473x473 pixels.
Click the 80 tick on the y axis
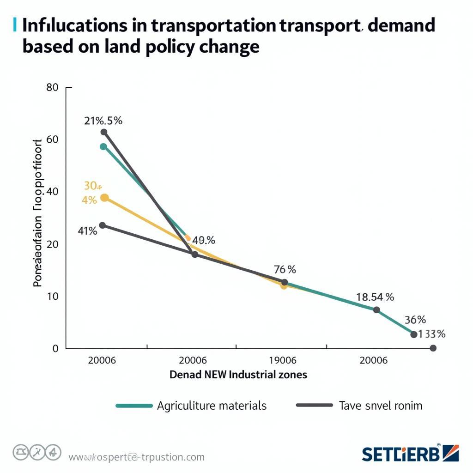click(53, 87)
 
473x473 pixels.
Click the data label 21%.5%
click(103, 121)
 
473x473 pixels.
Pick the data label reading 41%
click(87, 231)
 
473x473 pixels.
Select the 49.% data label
click(203, 240)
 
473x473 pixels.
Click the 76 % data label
click(285, 269)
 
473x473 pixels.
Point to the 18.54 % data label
click(375, 297)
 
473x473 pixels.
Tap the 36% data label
click(415, 320)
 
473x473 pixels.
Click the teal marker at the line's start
click(103, 146)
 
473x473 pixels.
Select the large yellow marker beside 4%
click(104, 198)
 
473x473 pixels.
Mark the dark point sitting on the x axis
click(433, 348)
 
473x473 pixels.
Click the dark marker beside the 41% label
click(103, 225)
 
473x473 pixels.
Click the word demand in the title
click(402, 25)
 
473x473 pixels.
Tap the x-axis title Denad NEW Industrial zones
click(238, 375)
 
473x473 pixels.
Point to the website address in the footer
click(136, 457)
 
